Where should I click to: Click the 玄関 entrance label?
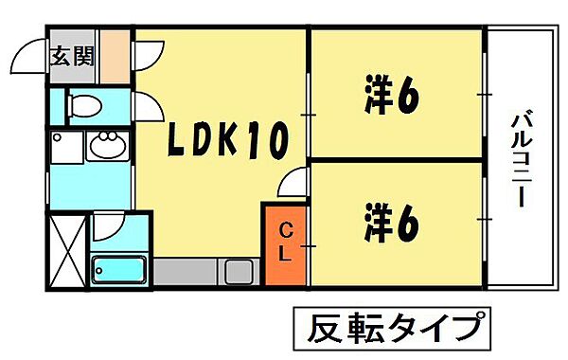(72, 56)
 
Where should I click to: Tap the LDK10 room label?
(227, 142)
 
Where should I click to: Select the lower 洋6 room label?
(390, 223)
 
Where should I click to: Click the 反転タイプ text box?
(392, 330)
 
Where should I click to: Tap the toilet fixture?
(83, 106)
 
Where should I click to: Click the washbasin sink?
(104, 147)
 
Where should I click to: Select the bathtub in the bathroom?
(119, 270)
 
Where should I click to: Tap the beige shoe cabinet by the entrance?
(115, 58)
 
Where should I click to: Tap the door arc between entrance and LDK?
(147, 55)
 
